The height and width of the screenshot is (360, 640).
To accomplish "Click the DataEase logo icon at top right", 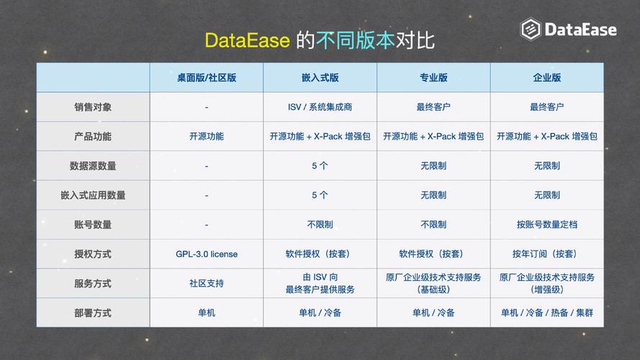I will (531, 30).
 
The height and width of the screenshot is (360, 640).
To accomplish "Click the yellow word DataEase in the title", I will (248, 40).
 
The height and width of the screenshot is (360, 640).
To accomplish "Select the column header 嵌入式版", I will (320, 78).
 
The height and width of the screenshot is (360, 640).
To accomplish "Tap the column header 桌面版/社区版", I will (207, 78).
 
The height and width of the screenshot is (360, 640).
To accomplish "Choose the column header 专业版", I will (433, 78).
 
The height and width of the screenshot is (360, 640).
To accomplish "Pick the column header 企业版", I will (547, 78).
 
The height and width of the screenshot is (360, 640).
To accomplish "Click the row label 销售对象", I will (93, 107).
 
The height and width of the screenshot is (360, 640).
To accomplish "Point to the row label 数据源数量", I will (93, 166).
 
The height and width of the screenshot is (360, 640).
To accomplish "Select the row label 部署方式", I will (93, 313).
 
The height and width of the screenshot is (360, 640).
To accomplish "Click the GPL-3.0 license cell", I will (207, 254).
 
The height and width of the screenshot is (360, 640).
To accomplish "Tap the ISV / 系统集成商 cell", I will (320, 107).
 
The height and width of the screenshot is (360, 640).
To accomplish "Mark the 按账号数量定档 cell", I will (547, 225).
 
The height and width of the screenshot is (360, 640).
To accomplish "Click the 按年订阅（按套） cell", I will (547, 254).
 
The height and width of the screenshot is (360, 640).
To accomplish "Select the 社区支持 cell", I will (207, 284).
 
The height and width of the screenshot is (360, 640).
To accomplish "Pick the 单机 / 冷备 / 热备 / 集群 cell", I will (547, 313).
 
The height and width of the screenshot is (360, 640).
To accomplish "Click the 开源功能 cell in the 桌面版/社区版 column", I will (207, 136).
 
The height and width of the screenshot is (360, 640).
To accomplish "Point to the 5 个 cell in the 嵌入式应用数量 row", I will (320, 195).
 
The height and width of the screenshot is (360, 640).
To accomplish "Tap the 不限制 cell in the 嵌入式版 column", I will (320, 225).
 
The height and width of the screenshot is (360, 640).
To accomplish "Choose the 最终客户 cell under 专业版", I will (433, 107).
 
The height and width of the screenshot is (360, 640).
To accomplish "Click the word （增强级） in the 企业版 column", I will (547, 290).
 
